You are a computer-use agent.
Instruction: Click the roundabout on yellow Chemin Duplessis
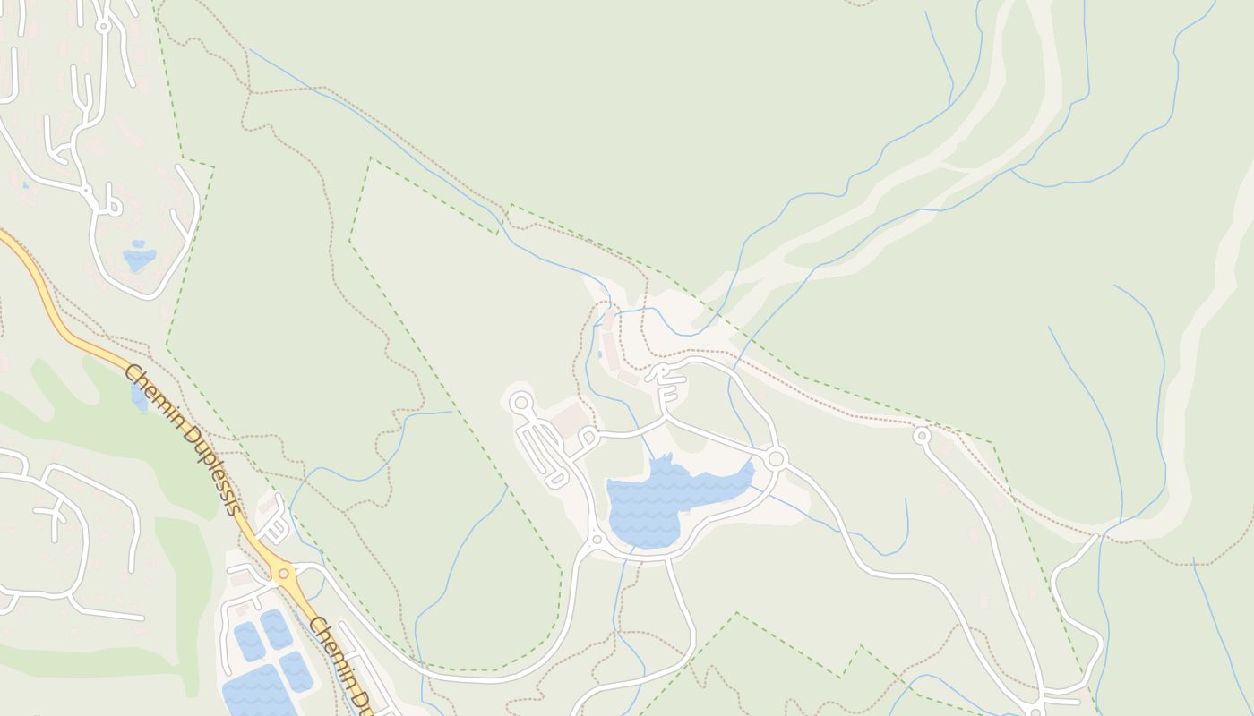(284, 573)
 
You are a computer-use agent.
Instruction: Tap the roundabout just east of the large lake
(776, 459)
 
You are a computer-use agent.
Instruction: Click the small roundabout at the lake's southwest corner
(597, 540)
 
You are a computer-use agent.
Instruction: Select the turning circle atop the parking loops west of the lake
(520, 404)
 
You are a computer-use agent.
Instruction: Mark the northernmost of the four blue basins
(275, 629)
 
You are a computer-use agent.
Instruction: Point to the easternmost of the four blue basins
(296, 669)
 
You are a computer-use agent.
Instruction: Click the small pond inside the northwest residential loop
(139, 258)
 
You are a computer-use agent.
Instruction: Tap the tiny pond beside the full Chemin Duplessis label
(140, 397)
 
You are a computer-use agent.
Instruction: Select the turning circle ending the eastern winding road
(922, 436)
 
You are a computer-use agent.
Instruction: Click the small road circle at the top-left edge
(103, 27)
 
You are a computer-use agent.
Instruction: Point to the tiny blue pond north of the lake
(599, 355)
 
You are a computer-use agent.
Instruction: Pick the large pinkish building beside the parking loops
(569, 421)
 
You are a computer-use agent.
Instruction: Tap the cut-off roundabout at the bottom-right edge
(1035, 712)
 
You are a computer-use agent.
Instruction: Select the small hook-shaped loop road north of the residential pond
(111, 203)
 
